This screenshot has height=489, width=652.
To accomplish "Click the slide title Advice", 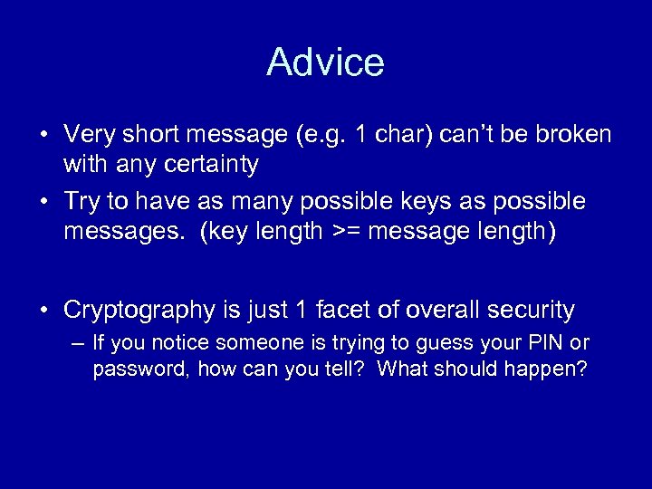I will [x=325, y=62].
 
